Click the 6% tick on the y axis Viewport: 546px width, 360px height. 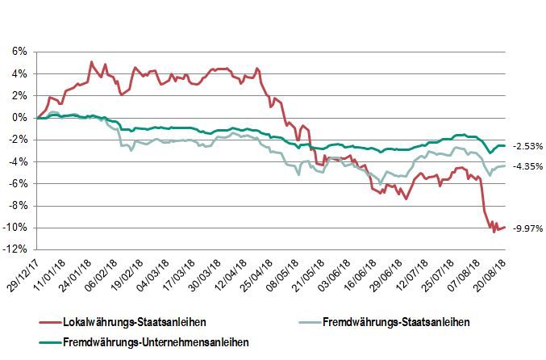pyautogui.click(x=18, y=51)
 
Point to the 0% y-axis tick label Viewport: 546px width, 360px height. pyautogui.click(x=18, y=117)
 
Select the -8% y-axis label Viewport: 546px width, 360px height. pyautogui.click(x=16, y=206)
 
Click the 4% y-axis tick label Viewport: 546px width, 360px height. pyautogui.click(x=18, y=73)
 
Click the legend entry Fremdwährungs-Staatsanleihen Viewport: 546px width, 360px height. pyautogui.click(x=395, y=323)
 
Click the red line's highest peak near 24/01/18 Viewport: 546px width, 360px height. pyautogui.click(x=91, y=61)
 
